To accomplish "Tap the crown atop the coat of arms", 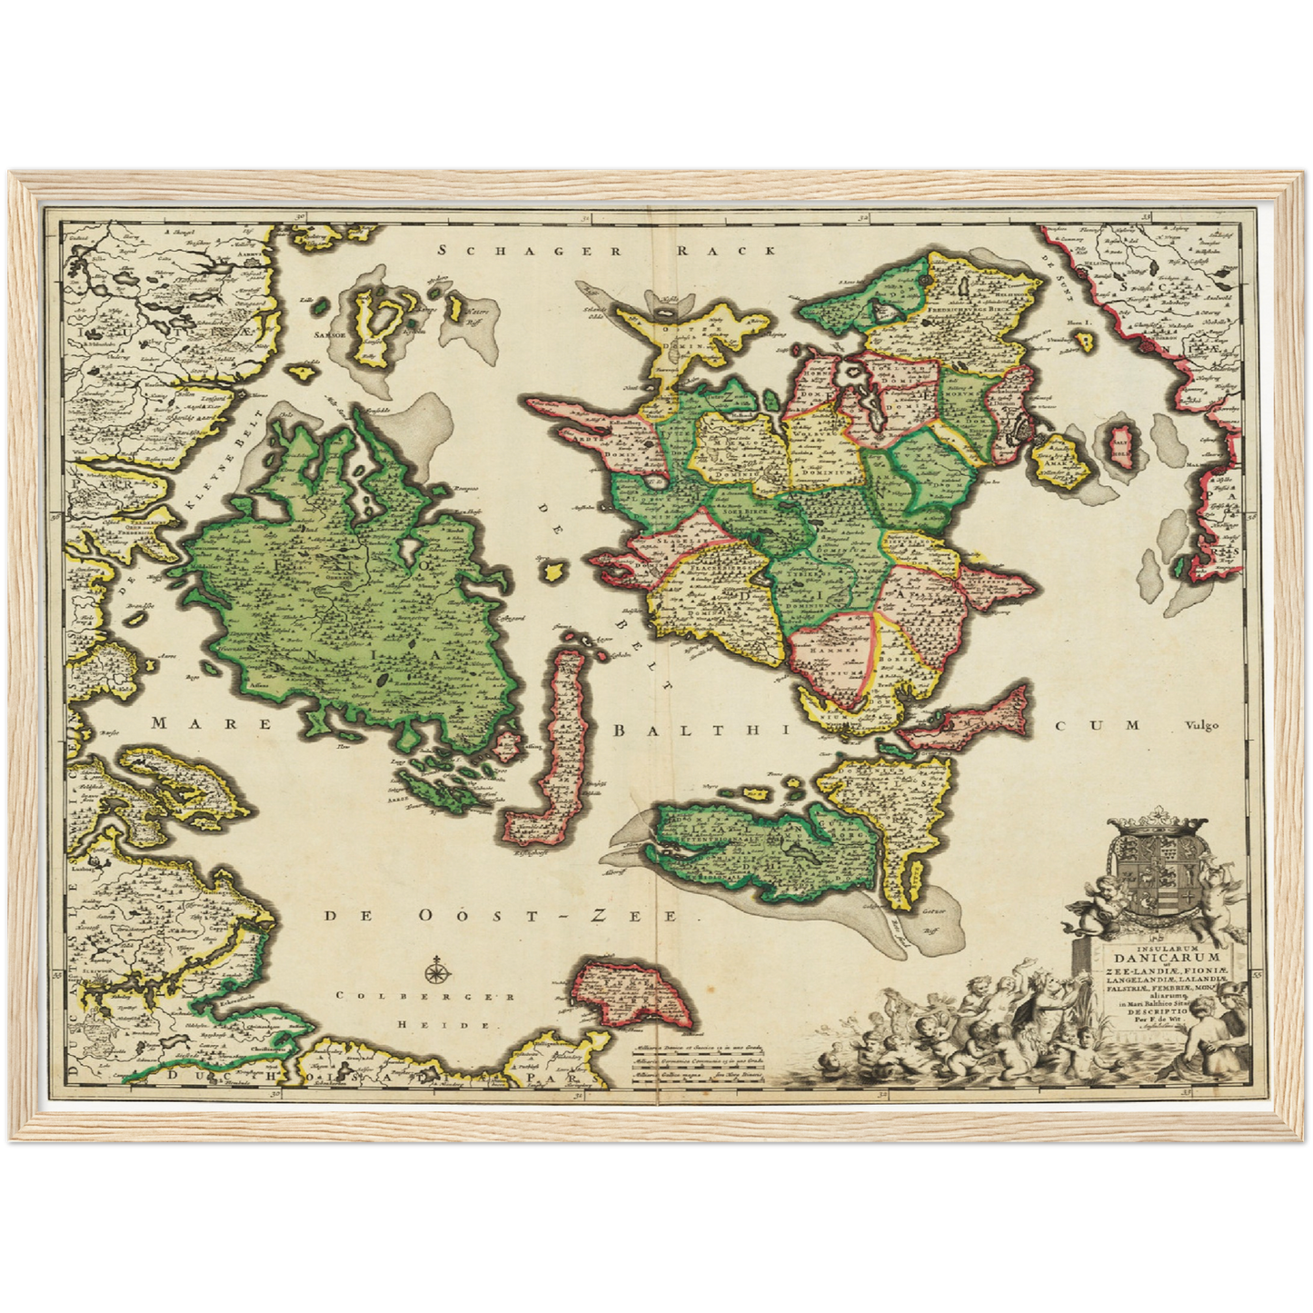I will [x=1157, y=829].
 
